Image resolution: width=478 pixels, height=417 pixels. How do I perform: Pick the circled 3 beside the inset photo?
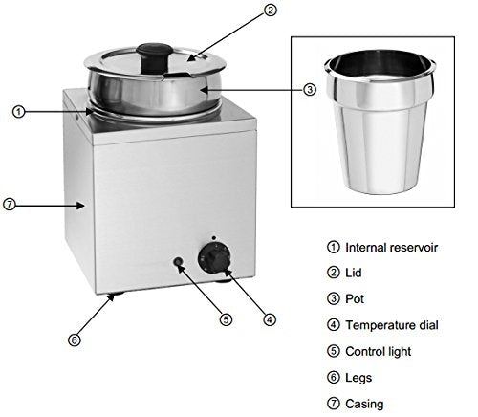pos(309,90)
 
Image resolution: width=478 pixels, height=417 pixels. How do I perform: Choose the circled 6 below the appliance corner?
pos(73,339)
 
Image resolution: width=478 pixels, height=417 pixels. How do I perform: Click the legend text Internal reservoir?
pos(392,247)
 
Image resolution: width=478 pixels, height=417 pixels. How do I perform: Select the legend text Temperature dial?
pos(392,325)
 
